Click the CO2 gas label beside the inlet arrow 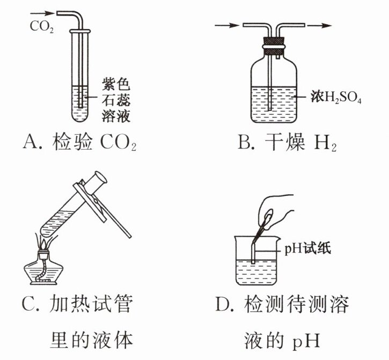(x=40, y=25)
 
